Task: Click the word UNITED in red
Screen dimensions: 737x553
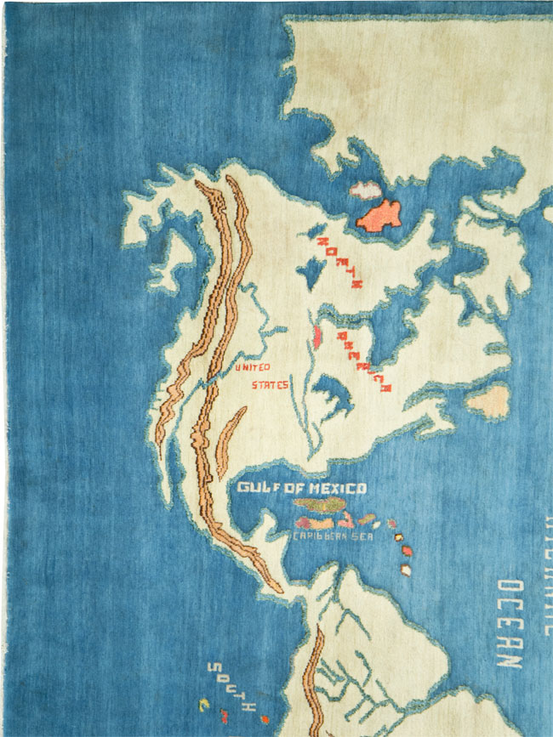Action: [x=253, y=367]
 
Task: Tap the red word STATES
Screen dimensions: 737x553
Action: [x=270, y=385]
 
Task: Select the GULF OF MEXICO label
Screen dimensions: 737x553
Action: [x=301, y=488]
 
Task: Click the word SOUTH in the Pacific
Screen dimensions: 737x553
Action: [x=235, y=688]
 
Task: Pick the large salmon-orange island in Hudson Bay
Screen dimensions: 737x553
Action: [x=379, y=215]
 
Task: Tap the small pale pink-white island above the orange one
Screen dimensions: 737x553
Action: [x=367, y=189]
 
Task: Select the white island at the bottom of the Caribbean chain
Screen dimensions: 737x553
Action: [x=406, y=570]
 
